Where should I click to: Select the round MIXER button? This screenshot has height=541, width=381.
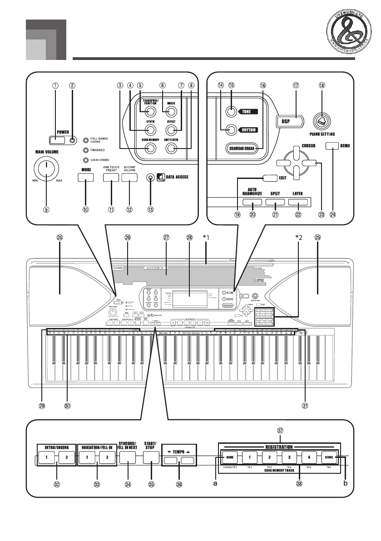[171, 112]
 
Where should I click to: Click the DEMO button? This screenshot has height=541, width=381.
[333, 145]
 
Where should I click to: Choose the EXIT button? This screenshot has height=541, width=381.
[270, 178]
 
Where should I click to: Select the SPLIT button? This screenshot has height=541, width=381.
[274, 203]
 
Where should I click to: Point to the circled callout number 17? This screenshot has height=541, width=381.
[296, 85]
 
